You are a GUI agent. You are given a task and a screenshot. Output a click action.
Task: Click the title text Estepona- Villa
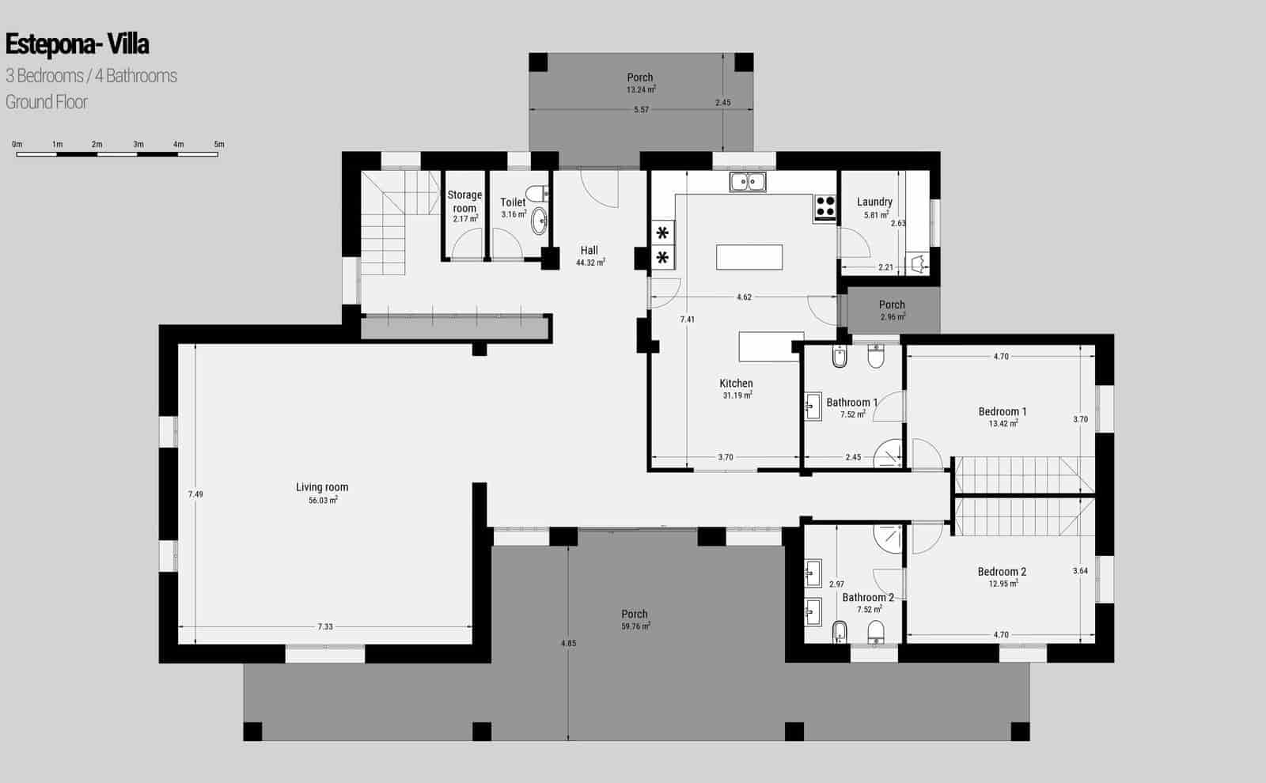tap(77, 44)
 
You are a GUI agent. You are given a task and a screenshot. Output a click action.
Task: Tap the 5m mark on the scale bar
tap(219, 145)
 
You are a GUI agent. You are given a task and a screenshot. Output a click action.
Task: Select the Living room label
tap(322, 487)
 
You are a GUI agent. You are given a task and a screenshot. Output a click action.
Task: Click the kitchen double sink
tap(748, 182)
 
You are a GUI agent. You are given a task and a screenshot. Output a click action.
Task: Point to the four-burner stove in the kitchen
tap(824, 206)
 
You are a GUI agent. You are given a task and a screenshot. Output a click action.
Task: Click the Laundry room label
tap(874, 202)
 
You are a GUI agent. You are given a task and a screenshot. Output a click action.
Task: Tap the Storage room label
tap(464, 201)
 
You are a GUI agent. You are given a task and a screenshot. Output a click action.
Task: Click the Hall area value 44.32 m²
tap(590, 263)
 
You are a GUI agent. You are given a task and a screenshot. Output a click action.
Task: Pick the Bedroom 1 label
tap(1003, 411)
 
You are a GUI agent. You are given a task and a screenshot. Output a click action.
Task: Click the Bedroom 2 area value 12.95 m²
tap(1003, 584)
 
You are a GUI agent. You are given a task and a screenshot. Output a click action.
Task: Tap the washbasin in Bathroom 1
tap(812, 408)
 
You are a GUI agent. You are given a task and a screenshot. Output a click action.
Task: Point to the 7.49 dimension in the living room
tap(195, 494)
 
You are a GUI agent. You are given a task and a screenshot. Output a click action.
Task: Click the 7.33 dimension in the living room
tap(325, 626)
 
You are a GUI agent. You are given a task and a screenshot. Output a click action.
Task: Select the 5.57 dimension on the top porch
tap(641, 110)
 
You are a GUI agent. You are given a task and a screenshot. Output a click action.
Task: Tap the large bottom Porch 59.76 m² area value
tap(635, 626)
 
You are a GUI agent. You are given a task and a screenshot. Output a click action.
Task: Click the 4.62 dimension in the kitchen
tap(744, 297)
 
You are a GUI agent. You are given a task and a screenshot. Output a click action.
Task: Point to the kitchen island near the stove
tap(749, 258)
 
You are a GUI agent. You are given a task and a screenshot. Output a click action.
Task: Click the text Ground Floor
tap(47, 102)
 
